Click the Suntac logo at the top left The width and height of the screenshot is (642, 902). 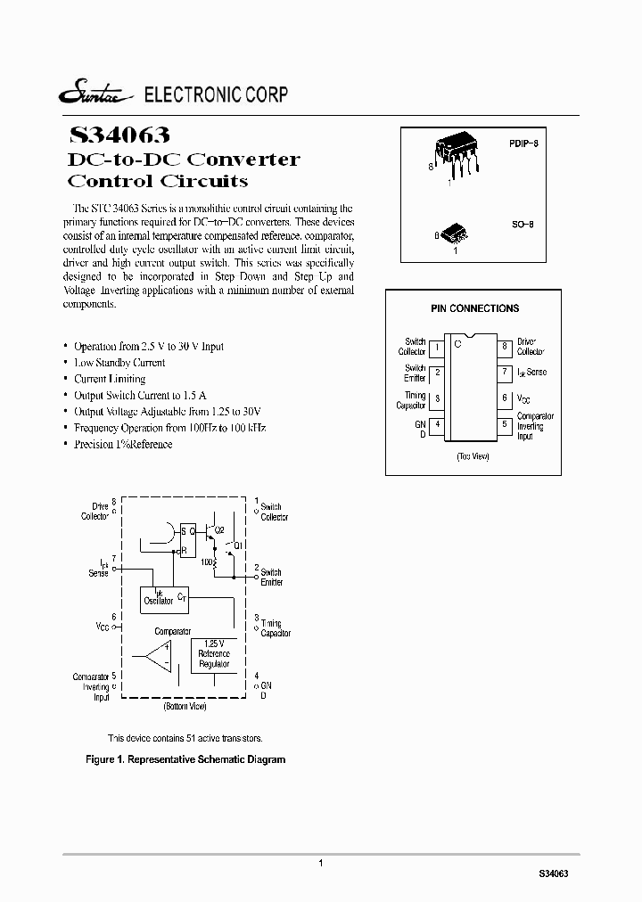click(95, 95)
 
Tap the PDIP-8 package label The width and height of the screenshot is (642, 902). click(524, 143)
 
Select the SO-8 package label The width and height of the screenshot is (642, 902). click(522, 226)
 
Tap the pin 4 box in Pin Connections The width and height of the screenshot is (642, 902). click(437, 425)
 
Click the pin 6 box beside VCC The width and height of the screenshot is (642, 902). click(505, 398)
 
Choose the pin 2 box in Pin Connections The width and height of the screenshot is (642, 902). click(437, 373)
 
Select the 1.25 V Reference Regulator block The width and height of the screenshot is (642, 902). click(214, 655)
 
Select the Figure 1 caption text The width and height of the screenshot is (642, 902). click(185, 759)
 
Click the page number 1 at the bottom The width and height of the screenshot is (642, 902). click(320, 863)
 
